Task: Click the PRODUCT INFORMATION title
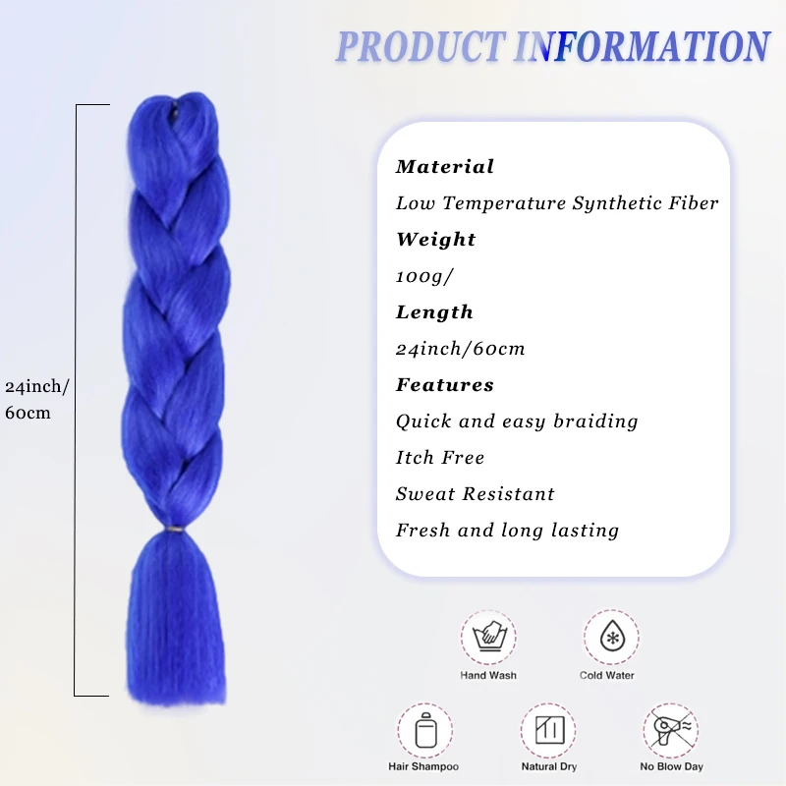pos(552,47)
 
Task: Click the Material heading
pos(445,167)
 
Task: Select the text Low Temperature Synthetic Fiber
pos(557,203)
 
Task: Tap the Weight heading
pos(435,240)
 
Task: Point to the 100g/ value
pos(424,276)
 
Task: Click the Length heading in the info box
pos(434,312)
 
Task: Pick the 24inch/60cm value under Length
pos(460,349)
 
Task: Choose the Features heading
pos(444,385)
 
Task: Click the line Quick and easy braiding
pos(517,421)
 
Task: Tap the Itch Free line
pos(440,458)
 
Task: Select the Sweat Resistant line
pos(476,494)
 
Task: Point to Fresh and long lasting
pos(507,531)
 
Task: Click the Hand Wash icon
pos(488,637)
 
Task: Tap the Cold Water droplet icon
pos(610,637)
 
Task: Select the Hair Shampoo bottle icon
pos(424,730)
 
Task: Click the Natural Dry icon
pos(547,730)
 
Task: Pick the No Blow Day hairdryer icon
pos(671,730)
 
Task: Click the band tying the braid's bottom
pos(176,529)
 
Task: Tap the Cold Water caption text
pos(607,676)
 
